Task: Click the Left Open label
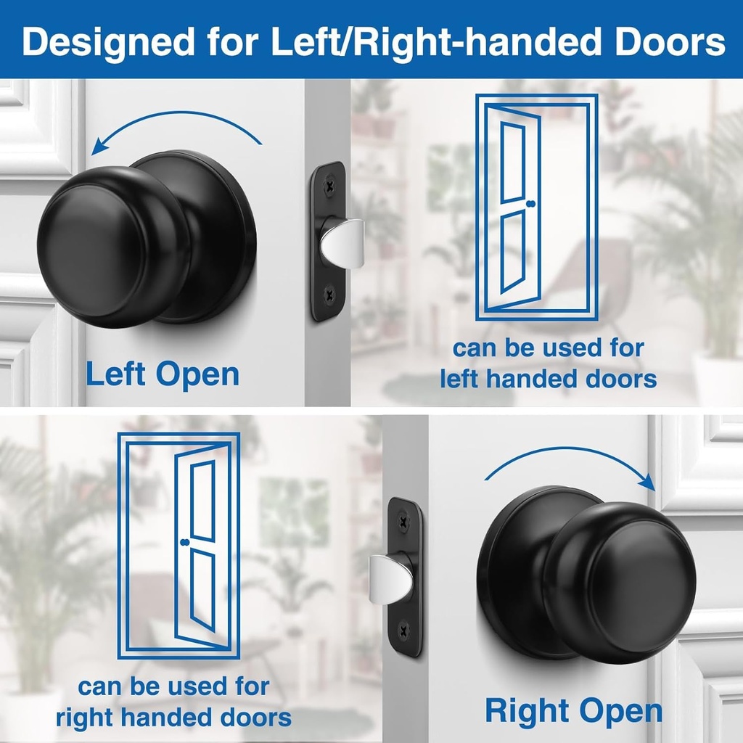click(x=162, y=374)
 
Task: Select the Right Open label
click(x=573, y=710)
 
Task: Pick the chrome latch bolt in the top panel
click(x=342, y=240)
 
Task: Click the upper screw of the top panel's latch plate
click(x=330, y=186)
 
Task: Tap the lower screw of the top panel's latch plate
click(x=330, y=295)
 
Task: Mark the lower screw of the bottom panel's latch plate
click(x=404, y=629)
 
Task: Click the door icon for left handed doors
click(x=536, y=207)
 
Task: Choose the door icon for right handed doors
click(x=178, y=544)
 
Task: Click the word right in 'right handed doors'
click(x=86, y=718)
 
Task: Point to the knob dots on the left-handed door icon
click(x=532, y=204)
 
